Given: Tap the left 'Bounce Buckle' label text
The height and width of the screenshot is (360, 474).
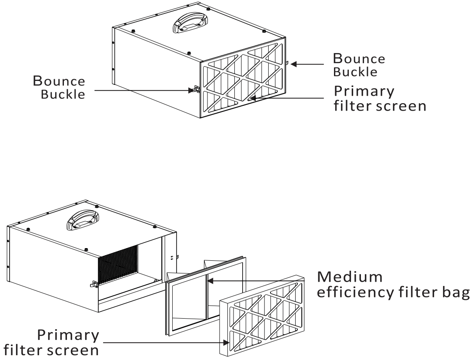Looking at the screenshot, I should [x=60, y=87].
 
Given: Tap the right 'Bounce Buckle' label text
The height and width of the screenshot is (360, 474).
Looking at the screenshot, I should [x=359, y=64].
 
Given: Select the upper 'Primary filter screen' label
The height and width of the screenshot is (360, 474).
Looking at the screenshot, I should [x=380, y=98].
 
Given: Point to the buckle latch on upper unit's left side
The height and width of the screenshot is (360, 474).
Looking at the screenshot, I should [x=194, y=90].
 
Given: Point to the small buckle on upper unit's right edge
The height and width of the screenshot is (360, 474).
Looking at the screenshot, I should [x=288, y=64].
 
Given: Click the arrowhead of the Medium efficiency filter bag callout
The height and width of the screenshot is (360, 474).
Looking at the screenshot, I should [x=211, y=281].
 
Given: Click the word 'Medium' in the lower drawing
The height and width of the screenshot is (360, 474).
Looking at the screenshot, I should [x=350, y=277].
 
